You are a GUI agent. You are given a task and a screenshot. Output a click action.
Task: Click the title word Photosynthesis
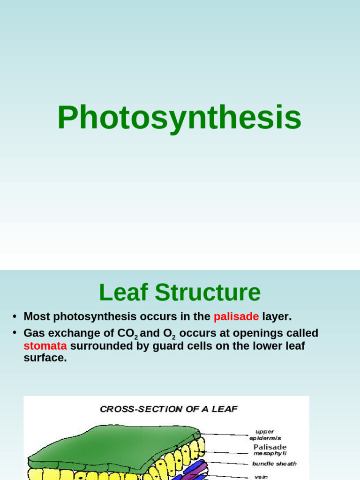pos(180,118)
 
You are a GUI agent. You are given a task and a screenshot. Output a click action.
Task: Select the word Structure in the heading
pos(208,292)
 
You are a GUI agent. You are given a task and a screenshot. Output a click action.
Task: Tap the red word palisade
pos(236,317)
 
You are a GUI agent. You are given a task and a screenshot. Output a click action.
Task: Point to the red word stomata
pos(45,346)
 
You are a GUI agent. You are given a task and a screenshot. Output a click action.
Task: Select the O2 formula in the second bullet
pos(169,334)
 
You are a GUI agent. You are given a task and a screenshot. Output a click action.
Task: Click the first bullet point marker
pos(15,317)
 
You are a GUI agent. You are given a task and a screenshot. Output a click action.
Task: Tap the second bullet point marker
pos(15,333)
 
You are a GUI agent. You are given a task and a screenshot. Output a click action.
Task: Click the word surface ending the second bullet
pos(45,358)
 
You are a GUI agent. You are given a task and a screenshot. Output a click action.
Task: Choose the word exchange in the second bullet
pos(69,333)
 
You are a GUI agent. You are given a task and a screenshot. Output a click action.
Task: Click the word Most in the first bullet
pos(37,317)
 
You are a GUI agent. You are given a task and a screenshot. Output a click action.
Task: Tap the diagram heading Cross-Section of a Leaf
pos(169,409)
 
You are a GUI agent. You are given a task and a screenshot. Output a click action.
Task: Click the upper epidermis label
pos(265,435)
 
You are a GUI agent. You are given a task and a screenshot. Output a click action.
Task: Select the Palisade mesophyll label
pos(270,450)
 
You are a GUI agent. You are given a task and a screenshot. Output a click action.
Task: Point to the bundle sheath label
pos(274,464)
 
